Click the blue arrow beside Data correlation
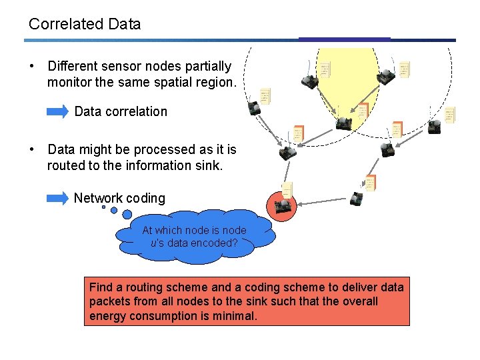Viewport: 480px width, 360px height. coord(58,111)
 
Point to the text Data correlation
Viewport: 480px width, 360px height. coord(121,111)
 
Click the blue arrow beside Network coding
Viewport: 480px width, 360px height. coord(58,197)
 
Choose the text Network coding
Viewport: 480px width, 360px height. coord(119,198)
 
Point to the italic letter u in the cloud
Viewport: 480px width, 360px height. coord(153,243)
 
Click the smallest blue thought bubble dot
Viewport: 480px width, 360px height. coord(103,207)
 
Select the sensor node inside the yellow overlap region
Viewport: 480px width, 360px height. coord(343,123)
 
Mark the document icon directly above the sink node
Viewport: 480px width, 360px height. coord(287,189)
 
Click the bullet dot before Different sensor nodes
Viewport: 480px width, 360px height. coord(31,67)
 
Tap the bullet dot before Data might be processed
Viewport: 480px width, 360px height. coord(31,150)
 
